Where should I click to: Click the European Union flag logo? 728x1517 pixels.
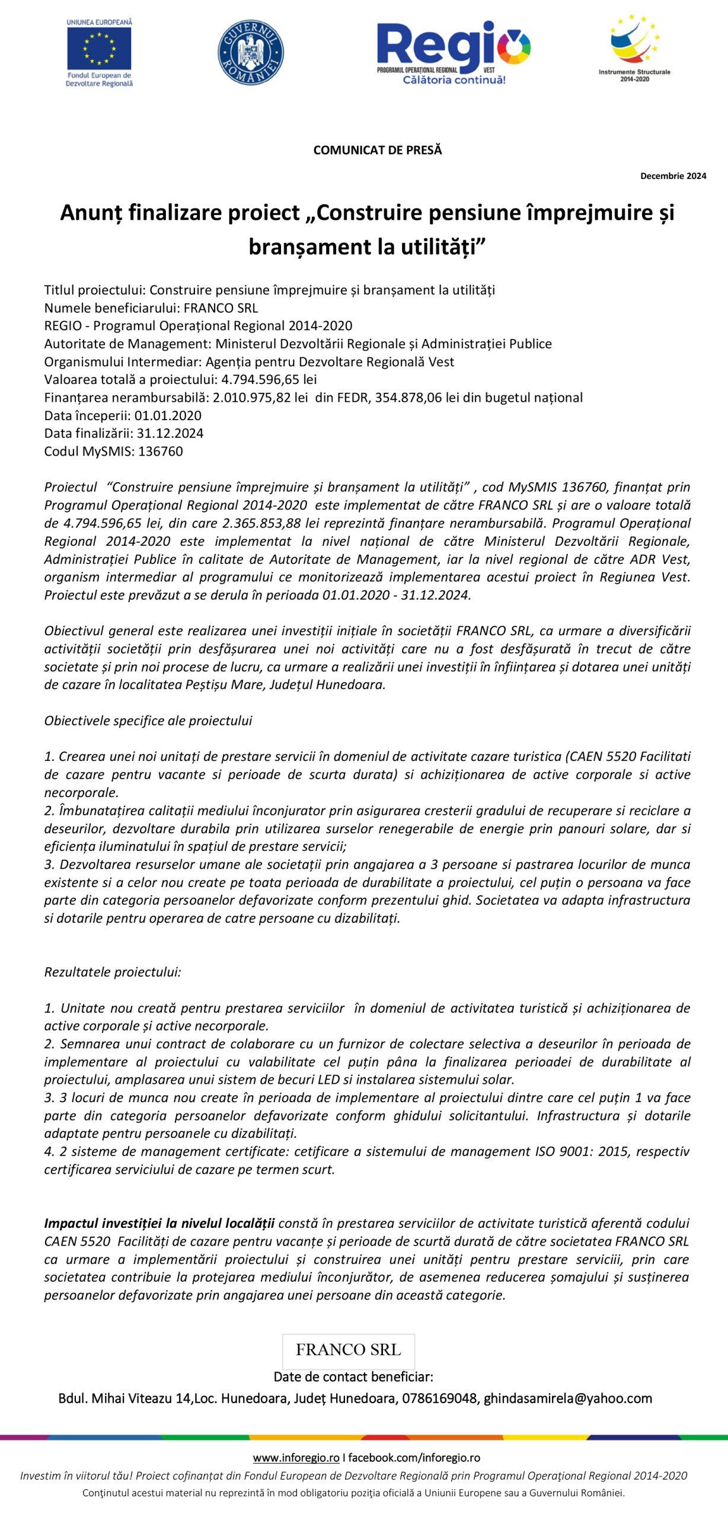point(99,48)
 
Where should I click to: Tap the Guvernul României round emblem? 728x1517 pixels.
point(250,52)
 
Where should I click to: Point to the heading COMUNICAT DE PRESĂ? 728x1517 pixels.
point(378,150)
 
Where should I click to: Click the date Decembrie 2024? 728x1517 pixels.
point(673,176)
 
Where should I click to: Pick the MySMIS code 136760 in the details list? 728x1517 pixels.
point(161,452)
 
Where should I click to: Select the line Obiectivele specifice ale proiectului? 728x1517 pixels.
point(148,721)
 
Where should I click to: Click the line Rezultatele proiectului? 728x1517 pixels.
point(113,972)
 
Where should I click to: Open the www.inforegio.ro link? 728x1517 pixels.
point(296,1457)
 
